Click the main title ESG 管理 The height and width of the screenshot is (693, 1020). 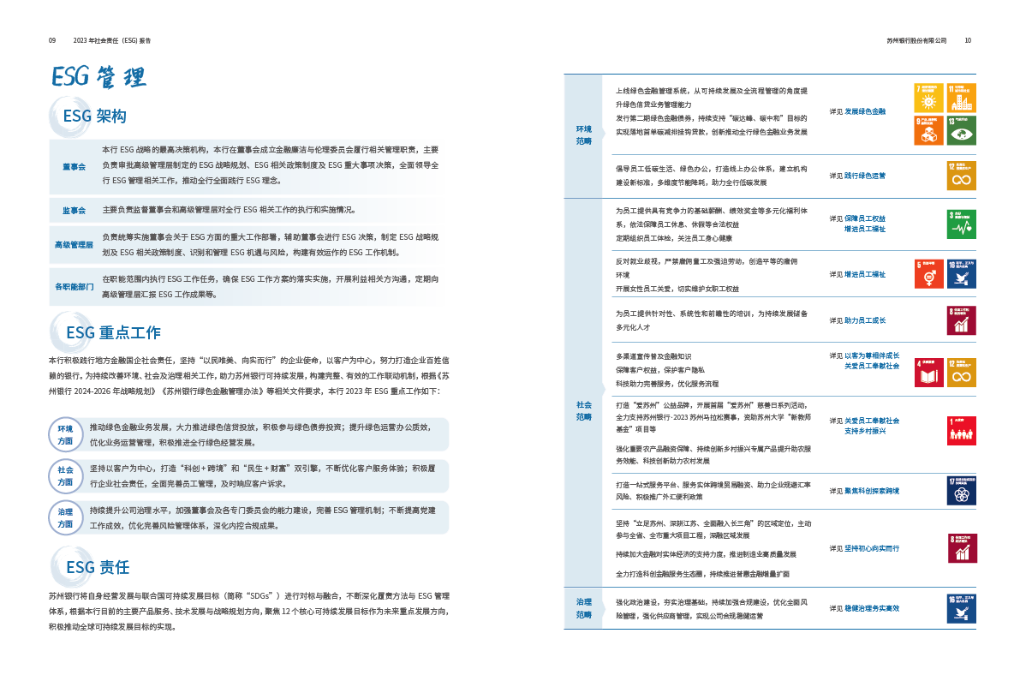click(x=98, y=77)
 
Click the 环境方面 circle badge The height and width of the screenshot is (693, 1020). click(x=65, y=434)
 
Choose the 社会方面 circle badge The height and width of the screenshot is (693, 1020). click(x=65, y=475)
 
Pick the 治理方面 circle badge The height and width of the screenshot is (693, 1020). click(x=65, y=517)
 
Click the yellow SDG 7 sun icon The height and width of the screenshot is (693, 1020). click(x=928, y=98)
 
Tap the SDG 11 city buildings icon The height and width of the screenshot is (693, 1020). click(x=962, y=98)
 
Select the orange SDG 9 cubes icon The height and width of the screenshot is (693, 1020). click(x=928, y=129)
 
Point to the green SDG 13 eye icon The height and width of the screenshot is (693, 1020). click(x=962, y=129)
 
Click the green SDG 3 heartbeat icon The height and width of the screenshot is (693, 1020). click(x=962, y=224)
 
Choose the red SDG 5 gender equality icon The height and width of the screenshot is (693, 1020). click(x=930, y=273)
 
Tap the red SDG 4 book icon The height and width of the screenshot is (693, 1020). click(x=930, y=373)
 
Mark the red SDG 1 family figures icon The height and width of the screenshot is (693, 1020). click(x=962, y=430)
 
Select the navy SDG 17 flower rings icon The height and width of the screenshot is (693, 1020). click(x=962, y=491)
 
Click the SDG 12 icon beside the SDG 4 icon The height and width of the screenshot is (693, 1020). click(x=962, y=373)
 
